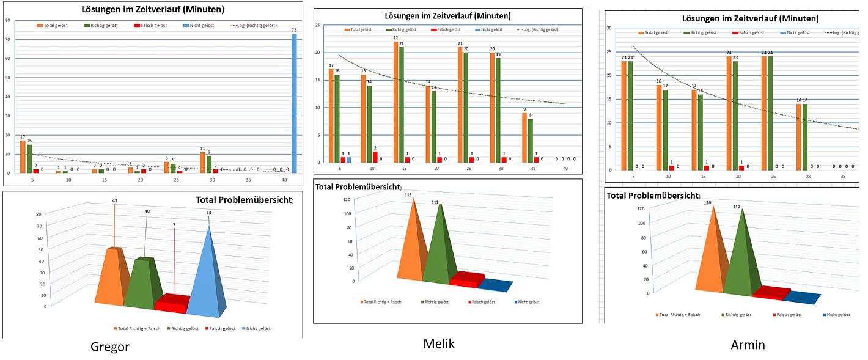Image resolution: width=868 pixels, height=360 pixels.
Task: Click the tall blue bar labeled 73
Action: coord(294,104)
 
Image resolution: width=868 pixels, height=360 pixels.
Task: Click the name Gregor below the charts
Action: coord(110,347)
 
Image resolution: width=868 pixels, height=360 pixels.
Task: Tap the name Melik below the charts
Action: coord(439,343)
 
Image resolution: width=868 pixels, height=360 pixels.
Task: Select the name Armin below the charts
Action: coord(748,345)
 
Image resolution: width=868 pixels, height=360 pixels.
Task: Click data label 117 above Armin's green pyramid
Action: coord(737,207)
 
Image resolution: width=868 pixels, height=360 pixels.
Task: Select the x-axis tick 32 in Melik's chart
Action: coord(533,169)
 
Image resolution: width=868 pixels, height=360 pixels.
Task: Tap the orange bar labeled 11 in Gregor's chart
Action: coord(202,162)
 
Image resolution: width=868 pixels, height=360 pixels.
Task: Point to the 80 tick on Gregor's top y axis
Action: coord(7,20)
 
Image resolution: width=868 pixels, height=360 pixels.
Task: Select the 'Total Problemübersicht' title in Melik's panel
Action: coord(358,186)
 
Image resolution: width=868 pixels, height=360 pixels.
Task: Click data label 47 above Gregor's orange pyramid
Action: coord(114,201)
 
